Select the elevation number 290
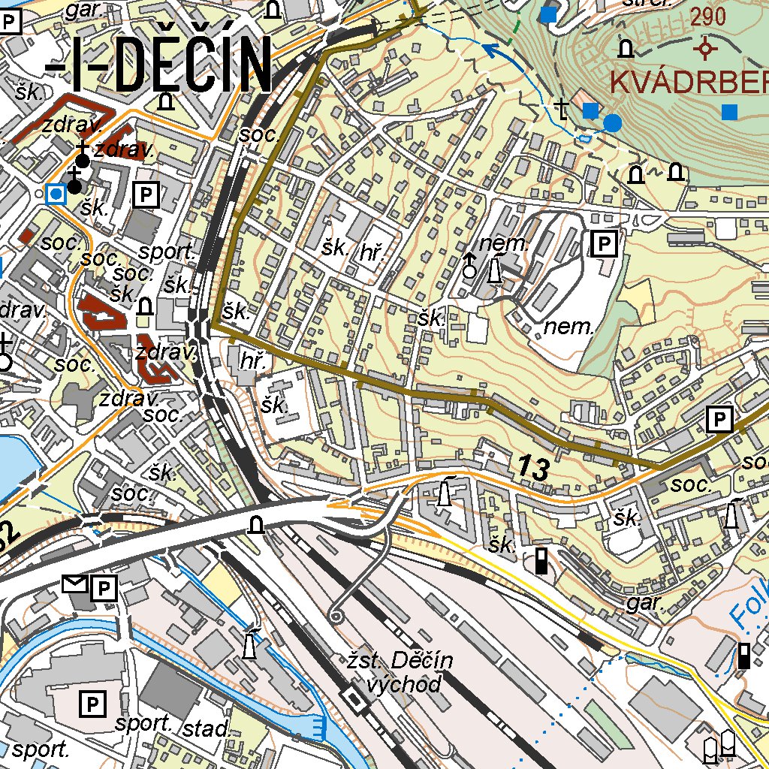click(708, 17)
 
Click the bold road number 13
click(532, 469)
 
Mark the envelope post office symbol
click(76, 584)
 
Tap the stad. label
click(205, 728)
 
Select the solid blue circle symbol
click(614, 122)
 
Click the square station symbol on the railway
click(352, 699)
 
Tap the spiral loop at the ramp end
click(335, 617)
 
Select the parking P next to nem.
click(604, 243)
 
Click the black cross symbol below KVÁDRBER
click(562, 109)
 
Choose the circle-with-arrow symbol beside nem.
click(470, 264)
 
